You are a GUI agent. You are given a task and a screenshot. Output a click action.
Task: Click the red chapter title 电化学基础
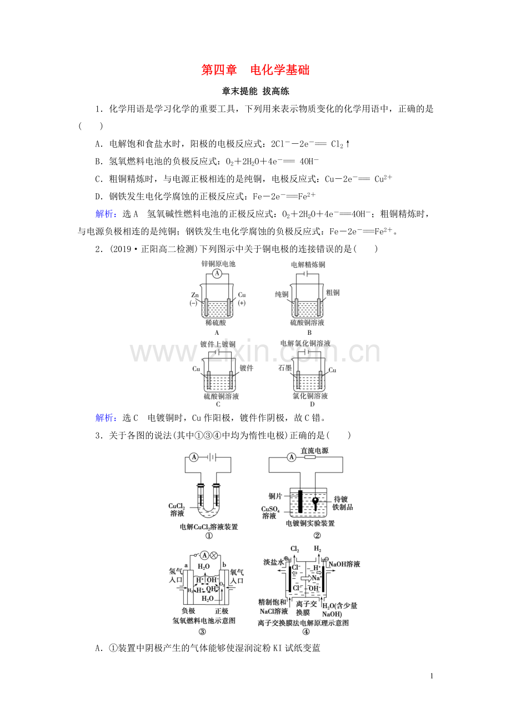pos(280,70)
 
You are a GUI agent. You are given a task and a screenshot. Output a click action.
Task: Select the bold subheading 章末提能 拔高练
pos(255,91)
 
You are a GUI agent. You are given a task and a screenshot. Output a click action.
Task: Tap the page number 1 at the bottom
pos(432,676)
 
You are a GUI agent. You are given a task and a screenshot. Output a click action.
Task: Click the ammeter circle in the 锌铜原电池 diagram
pos(217,274)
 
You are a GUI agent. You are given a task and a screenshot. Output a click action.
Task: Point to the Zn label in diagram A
pos(195,295)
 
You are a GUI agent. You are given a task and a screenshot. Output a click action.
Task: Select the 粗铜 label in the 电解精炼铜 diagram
pos(333,293)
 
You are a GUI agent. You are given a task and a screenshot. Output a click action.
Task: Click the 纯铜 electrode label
pos(282,294)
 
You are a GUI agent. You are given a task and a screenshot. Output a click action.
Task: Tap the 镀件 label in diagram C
pos(247,368)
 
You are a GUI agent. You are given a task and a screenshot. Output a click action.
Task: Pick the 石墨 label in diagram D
pos(285,368)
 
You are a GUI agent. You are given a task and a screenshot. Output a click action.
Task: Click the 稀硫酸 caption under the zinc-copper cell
pos(216,323)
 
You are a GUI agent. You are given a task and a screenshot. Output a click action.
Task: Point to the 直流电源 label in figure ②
pos(314,451)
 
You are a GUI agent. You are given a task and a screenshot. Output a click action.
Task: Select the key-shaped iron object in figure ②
pos(315,504)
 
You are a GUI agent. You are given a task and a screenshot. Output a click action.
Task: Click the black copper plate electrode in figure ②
pos(300,501)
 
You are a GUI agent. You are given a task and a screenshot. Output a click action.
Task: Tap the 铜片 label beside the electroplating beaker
pos(275,496)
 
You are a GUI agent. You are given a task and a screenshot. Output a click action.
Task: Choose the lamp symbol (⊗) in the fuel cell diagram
pos(214,555)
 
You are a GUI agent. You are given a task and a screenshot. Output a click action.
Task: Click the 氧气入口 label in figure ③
pos(237,576)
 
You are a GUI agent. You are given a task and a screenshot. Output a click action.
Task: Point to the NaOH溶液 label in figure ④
pos(344,564)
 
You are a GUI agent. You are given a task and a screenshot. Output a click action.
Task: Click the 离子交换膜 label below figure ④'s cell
pos(306,608)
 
